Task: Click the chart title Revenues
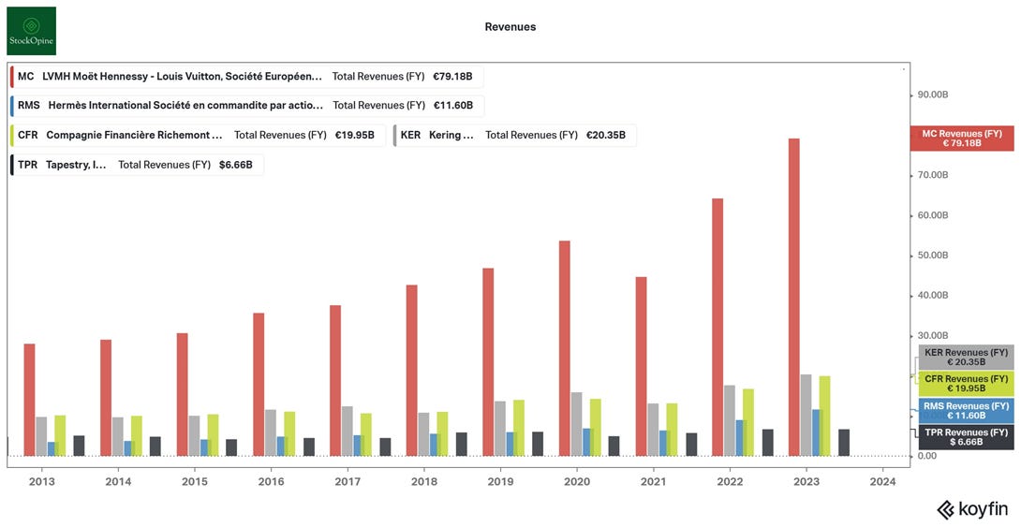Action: click(510, 27)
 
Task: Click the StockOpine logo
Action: click(31, 31)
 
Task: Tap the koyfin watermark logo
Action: click(973, 509)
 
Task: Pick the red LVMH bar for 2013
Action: click(29, 400)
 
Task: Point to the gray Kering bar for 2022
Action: click(729, 420)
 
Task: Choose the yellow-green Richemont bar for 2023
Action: click(824, 416)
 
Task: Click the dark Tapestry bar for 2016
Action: click(309, 446)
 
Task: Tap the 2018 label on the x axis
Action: click(424, 481)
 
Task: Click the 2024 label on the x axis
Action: click(882, 481)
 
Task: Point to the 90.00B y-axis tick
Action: click(933, 95)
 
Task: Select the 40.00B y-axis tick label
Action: click(933, 296)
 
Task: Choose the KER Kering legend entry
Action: click(514, 135)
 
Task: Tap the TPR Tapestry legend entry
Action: click(137, 165)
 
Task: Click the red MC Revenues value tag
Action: click(961, 139)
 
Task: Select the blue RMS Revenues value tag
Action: click(965, 410)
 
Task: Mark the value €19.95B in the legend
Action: click(354, 135)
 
